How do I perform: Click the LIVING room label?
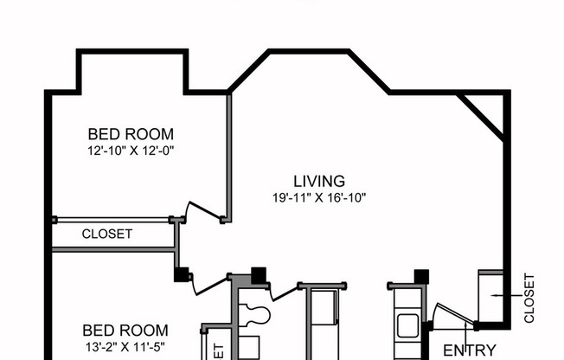[x=319, y=182]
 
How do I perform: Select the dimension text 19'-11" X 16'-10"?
[x=319, y=197]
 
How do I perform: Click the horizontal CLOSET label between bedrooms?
[x=107, y=234]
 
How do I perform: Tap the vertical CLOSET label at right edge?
[x=530, y=299]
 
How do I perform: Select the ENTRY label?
[x=470, y=350]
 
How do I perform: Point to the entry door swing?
[x=452, y=316]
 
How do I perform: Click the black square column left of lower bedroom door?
[x=182, y=274]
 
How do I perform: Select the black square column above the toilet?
[x=258, y=275]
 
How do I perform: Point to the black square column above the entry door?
[x=421, y=276]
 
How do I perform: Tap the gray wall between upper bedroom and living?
[x=229, y=156]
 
